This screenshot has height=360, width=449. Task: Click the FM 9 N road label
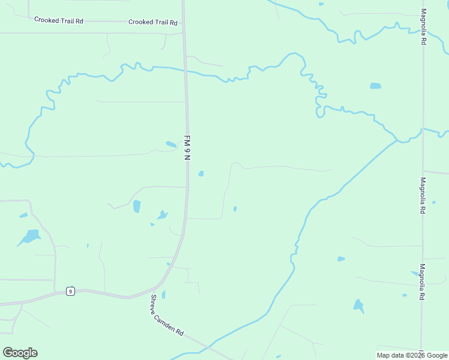(187, 148)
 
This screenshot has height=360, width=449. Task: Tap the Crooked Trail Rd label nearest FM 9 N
(153, 22)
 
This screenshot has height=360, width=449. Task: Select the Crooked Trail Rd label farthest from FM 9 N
(58, 20)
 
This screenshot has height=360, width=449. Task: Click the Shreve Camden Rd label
(167, 316)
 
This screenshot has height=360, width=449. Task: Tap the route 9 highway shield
(70, 292)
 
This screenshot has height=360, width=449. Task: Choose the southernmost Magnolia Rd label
(423, 282)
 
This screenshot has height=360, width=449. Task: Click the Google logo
(20, 353)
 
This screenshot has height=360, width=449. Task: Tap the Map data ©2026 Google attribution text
(411, 355)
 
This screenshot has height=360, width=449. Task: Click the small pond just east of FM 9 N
(201, 174)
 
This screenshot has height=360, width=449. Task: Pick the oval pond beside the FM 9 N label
(171, 145)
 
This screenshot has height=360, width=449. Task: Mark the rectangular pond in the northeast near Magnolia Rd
(375, 86)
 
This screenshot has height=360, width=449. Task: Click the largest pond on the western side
(29, 236)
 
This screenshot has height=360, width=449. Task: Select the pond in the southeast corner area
(358, 306)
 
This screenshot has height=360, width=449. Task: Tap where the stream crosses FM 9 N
(185, 71)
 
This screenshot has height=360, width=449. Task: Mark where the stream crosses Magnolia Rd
(423, 129)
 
